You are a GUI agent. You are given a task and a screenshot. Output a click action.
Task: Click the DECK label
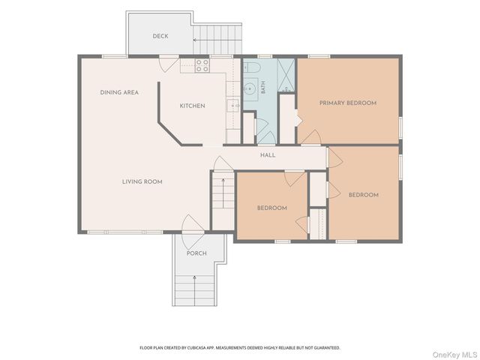[x=160, y=36]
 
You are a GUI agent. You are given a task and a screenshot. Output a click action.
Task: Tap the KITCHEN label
[x=192, y=106]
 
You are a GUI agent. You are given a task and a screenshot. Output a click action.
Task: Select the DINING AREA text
[x=119, y=92]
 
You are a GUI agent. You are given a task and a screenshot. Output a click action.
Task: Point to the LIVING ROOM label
[x=142, y=181]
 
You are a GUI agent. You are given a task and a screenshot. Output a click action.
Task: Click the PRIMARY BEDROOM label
[x=348, y=103]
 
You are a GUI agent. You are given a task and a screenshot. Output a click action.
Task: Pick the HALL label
[x=268, y=155]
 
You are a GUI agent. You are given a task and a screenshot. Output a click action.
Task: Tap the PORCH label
[x=196, y=253]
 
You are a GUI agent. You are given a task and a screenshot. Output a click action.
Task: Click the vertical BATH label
[x=263, y=87]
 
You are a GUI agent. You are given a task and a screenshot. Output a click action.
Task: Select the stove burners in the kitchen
[x=202, y=66]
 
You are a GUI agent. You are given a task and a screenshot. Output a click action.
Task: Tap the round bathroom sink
[x=250, y=89]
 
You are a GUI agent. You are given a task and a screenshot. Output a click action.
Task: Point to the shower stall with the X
[x=286, y=75]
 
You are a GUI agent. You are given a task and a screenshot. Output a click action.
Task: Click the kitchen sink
[x=233, y=106]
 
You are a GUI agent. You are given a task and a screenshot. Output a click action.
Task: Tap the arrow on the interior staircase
[x=223, y=193]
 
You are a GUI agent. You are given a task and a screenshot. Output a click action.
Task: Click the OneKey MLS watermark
[x=455, y=355]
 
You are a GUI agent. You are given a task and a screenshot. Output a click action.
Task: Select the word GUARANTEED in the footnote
[x=328, y=348]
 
